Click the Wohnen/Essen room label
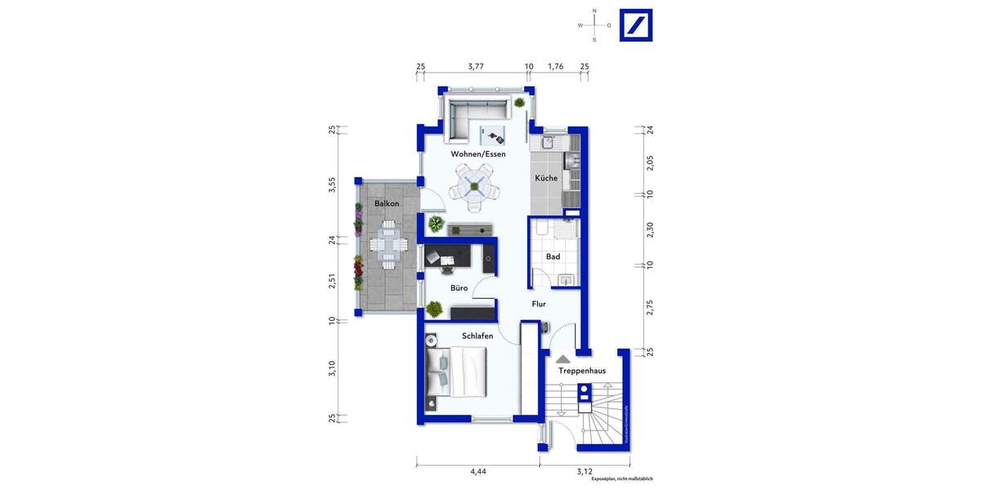click(478, 154)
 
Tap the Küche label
click(546, 178)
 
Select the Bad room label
click(553, 256)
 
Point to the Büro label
click(459, 288)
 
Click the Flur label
click(539, 305)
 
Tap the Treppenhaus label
click(581, 371)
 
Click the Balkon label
click(387, 203)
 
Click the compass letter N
click(594, 11)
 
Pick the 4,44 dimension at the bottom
click(477, 471)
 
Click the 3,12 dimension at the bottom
click(585, 471)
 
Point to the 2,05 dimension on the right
click(650, 163)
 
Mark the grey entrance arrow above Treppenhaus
click(563, 359)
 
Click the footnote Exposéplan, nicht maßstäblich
click(624, 479)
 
